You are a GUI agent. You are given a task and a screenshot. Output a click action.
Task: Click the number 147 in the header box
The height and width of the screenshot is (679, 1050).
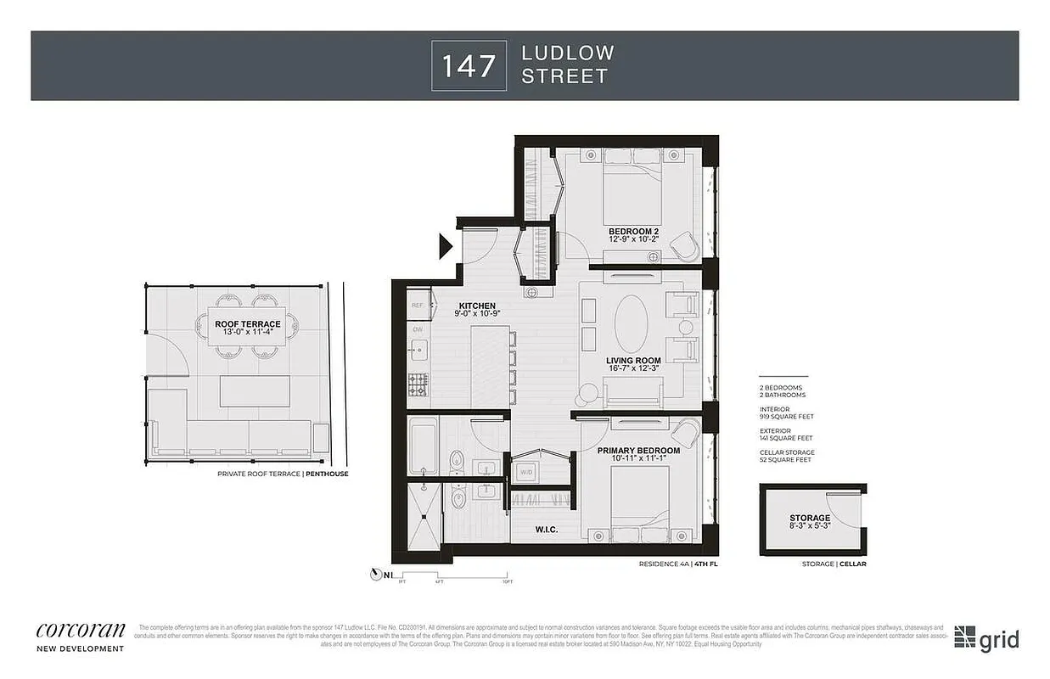point(469,65)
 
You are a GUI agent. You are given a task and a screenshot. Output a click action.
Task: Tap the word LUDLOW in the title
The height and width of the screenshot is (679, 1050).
point(567,53)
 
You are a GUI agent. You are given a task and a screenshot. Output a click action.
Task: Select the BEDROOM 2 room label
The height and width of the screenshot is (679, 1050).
point(633,232)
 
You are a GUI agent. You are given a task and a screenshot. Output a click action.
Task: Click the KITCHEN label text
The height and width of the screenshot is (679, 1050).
point(477,306)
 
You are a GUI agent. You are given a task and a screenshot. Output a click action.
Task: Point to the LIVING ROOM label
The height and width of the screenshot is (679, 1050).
point(633,361)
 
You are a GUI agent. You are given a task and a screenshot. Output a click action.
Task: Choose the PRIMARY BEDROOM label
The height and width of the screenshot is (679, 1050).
point(638,451)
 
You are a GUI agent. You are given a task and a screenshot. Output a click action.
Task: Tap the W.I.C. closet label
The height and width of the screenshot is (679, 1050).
point(546,530)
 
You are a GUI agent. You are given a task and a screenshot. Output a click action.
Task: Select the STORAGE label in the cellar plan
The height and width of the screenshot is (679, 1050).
point(809,518)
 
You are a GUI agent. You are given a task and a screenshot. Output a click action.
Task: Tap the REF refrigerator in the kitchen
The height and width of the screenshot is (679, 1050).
point(417,305)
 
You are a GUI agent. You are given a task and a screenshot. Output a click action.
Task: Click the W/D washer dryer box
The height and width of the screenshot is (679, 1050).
point(525,473)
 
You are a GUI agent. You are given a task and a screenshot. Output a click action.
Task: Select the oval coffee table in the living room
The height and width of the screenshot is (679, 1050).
point(632,323)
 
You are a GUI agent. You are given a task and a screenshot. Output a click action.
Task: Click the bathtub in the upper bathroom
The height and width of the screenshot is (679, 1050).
point(422,446)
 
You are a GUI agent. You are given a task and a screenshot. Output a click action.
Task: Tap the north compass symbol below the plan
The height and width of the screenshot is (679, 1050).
point(376,575)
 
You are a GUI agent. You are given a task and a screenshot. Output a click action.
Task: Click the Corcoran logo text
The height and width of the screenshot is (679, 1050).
point(81,630)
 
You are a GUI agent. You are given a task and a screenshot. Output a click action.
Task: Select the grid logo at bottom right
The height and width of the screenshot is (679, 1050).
point(986,639)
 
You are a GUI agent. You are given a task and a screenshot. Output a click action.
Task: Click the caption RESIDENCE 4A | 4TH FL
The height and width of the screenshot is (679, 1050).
point(678,564)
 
